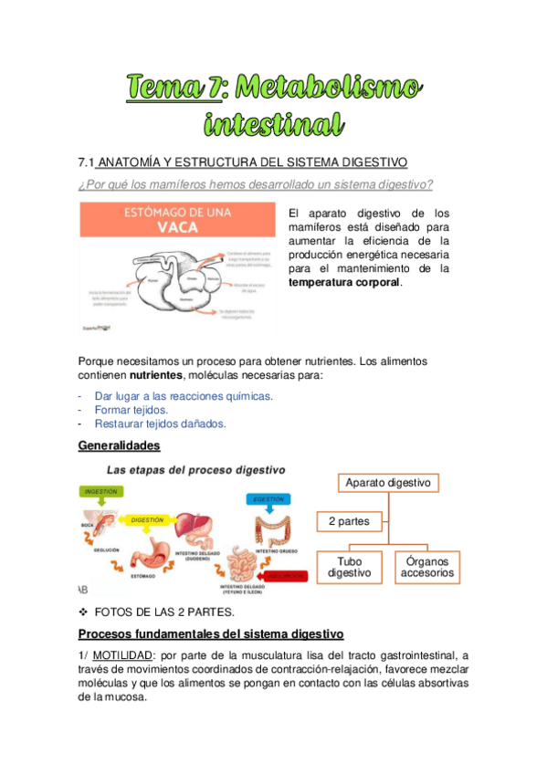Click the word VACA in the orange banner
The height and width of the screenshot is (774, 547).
coord(177,228)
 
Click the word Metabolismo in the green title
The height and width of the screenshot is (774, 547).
coord(331,88)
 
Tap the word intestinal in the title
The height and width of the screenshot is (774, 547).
coord(274,123)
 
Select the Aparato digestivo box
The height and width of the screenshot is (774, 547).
coord(389,482)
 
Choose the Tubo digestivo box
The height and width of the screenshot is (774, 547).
coord(350,567)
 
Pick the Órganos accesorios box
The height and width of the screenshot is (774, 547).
coord(426,567)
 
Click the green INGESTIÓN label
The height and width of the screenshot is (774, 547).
coord(101,491)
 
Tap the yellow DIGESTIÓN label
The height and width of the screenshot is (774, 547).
coord(147,519)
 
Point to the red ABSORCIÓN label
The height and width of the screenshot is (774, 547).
coord(285,576)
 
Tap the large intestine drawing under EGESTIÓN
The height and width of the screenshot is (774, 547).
coord(271,528)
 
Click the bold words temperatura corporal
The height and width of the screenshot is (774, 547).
coord(344,283)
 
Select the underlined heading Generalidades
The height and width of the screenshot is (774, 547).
coord(120,445)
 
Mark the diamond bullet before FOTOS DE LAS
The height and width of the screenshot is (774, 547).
coord(84,611)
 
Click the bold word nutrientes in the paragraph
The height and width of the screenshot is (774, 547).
coord(155,375)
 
